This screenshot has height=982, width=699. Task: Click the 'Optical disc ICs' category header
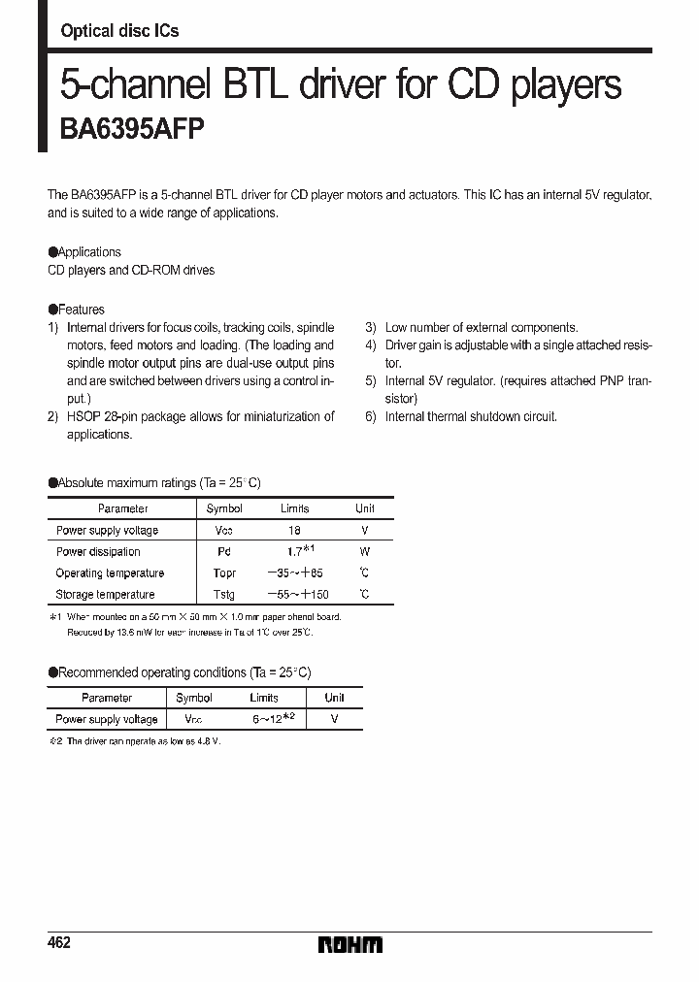(119, 31)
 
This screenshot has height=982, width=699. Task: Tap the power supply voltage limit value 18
(294, 531)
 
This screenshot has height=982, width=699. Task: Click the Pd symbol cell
(224, 552)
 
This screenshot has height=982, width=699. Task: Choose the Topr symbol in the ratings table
(224, 573)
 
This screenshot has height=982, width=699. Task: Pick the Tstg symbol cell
(224, 595)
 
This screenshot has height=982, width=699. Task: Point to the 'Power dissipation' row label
(98, 552)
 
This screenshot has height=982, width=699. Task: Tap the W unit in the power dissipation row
(365, 552)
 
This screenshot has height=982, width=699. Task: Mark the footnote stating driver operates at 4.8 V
(135, 741)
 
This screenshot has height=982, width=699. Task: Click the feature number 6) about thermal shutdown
(370, 417)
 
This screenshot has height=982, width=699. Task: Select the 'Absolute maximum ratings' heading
(154, 482)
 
